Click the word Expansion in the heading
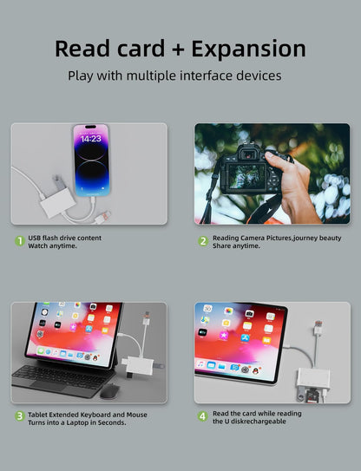(249, 49)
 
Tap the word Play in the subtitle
(82, 75)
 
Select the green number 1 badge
(18, 241)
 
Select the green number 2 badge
(202, 241)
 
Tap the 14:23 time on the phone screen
(91, 139)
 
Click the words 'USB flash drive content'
(64, 237)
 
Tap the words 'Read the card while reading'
(257, 413)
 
